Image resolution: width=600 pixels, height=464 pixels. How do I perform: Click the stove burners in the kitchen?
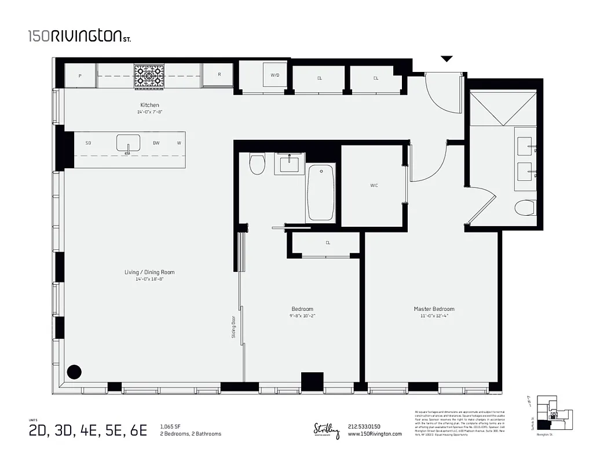point(150,75)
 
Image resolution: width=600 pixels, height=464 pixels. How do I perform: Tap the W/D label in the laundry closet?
point(275,75)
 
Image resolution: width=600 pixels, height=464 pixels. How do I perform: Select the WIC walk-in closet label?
point(374,186)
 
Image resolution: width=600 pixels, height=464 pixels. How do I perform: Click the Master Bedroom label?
point(434,309)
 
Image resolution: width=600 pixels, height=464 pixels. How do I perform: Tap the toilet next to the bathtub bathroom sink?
point(257,164)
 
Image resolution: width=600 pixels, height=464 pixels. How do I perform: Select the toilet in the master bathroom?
point(526,207)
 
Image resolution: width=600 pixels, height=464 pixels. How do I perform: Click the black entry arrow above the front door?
point(447,59)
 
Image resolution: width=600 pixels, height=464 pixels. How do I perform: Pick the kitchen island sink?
point(128,143)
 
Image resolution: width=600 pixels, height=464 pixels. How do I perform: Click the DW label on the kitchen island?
point(156,143)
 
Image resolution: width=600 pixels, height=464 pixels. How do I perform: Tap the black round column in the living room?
point(74,372)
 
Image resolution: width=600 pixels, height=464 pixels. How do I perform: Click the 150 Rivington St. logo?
point(79,37)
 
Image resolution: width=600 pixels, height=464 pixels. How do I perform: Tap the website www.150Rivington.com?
point(375,434)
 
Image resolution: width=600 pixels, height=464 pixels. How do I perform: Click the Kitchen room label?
point(149,105)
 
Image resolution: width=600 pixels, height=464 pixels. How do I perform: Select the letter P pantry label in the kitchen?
point(79,75)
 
